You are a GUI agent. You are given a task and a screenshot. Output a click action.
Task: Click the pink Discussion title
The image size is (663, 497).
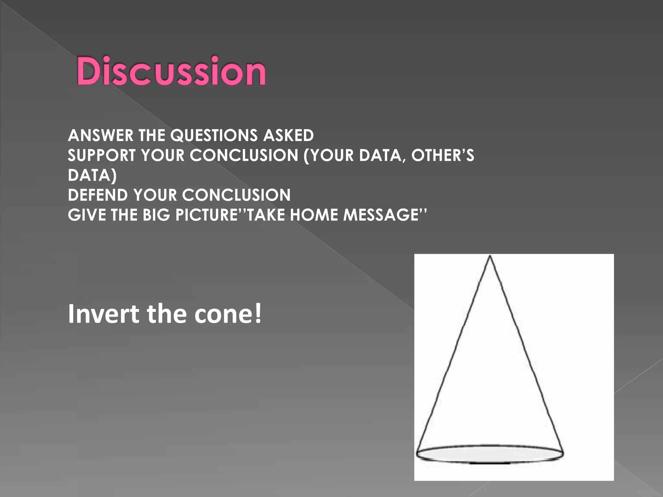[171, 71]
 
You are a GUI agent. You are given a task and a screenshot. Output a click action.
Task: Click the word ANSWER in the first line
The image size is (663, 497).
[100, 135]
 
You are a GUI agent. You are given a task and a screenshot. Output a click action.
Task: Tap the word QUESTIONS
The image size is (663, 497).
[214, 135]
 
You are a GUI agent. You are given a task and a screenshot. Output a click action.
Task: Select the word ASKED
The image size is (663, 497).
[288, 135]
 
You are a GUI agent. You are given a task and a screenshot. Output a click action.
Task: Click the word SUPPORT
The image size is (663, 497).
[101, 155]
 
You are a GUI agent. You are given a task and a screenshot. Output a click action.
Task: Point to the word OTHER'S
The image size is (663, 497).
[442, 155]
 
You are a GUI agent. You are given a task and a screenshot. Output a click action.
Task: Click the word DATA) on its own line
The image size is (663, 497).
[92, 175]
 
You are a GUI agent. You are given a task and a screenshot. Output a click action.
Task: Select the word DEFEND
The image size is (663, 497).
[98, 195]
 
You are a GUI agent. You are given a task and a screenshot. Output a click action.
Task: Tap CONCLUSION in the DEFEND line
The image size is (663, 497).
[236, 195]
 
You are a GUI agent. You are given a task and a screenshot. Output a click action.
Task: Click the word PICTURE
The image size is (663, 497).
[207, 215]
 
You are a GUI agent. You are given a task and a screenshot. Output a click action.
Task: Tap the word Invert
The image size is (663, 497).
[103, 314]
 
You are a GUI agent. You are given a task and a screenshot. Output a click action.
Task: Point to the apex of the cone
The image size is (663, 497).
[490, 257]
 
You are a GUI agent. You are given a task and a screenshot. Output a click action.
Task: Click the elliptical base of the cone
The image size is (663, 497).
[489, 454]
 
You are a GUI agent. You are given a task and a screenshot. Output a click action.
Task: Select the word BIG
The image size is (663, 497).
[156, 215]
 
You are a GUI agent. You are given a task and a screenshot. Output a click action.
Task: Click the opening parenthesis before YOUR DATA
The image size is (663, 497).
[306, 156]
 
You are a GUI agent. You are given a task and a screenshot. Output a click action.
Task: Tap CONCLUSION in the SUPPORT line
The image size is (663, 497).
[244, 155]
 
